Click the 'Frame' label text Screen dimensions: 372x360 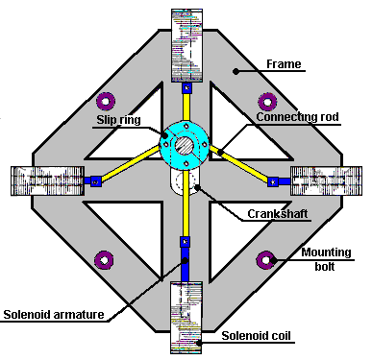coord(284,64)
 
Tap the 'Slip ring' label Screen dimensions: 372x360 coord(118,120)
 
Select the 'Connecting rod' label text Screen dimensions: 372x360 coord(297,117)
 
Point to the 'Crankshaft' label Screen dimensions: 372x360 coord(278,213)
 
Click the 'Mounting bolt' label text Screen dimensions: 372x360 coord(326,259)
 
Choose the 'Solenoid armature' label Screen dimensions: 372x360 coord(54,315)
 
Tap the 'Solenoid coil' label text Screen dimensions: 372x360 coord(257,336)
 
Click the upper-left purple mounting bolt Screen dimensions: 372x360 coord(106,101)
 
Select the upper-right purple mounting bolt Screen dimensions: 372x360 coord(267,102)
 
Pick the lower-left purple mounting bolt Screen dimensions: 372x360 coord(105,260)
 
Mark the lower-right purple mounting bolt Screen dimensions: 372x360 coord(266,260)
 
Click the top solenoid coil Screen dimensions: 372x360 coord(187,45)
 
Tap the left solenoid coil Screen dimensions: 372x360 coord(48,180)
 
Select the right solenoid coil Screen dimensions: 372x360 coord(326,180)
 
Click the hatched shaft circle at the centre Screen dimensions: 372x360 coord(185,145)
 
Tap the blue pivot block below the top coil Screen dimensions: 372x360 coord(187,88)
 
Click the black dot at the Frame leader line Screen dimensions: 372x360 coord(236,71)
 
